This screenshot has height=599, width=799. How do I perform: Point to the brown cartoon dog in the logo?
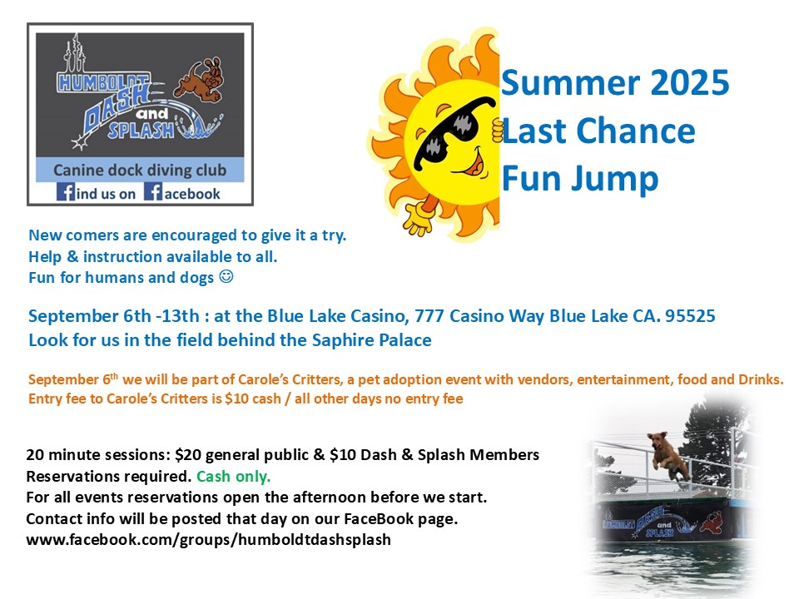pos(199,80)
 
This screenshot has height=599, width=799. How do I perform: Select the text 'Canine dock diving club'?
pos(140,170)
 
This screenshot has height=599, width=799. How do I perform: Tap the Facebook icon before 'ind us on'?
pos(65,192)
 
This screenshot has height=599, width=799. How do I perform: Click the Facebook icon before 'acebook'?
pos(153,192)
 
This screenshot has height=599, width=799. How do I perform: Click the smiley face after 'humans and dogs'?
pos(226,276)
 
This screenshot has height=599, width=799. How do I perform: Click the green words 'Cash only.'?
pos(233,476)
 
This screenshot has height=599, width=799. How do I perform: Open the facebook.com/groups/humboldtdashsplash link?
pos(208,540)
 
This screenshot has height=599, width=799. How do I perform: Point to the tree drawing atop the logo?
pos(75,53)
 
